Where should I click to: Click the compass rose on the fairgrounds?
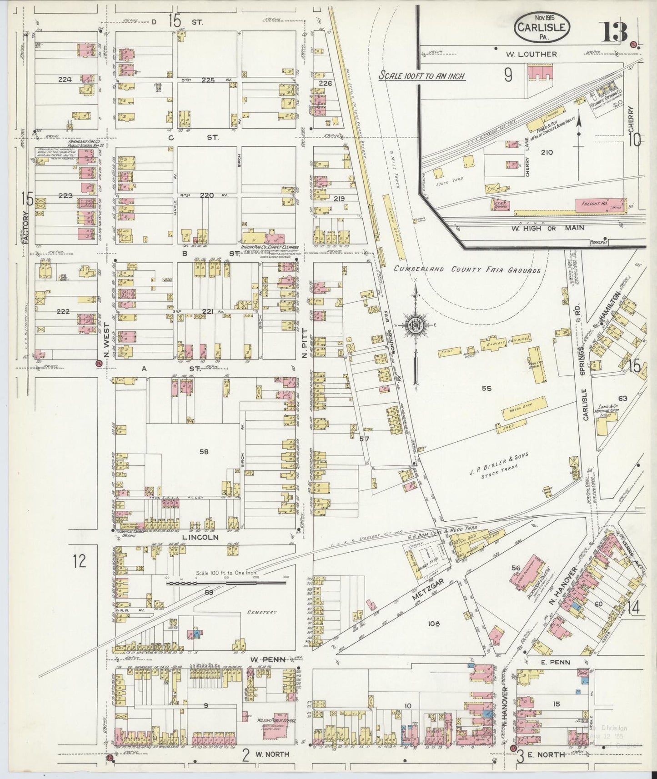tap(415, 325)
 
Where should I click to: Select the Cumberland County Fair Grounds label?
tap(467, 270)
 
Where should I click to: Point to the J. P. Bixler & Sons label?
tap(499, 460)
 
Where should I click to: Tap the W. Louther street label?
tap(531, 54)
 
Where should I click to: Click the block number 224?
tap(65, 79)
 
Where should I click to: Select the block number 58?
tap(204, 451)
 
